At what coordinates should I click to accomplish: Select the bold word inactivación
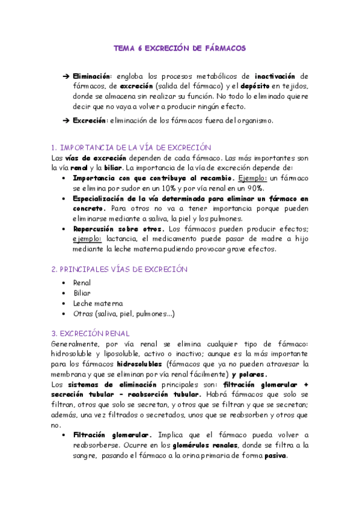click(275, 76)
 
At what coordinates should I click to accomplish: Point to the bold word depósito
click(246, 87)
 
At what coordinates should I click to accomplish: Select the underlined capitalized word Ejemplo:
click(253, 179)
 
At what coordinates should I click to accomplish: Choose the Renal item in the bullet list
click(82, 282)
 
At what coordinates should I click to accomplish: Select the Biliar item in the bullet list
click(82, 292)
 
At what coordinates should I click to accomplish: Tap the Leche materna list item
click(98, 303)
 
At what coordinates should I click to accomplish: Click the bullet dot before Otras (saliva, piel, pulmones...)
click(64, 314)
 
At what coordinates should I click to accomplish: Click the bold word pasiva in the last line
click(273, 455)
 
